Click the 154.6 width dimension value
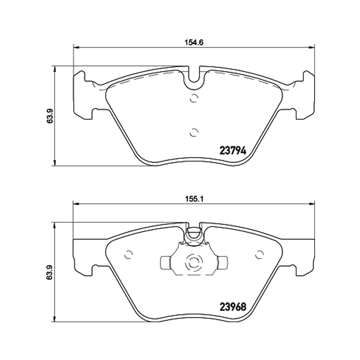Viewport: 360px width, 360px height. coord(194,42)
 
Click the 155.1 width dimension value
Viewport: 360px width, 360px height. coord(194,198)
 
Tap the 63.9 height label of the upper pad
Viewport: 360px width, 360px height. coord(50,116)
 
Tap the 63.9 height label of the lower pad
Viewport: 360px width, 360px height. coord(50,272)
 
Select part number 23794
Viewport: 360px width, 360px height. coord(233,151)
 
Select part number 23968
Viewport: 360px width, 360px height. coord(233,307)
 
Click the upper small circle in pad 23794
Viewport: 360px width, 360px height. coord(194,98)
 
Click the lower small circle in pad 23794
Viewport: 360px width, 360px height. coord(194,132)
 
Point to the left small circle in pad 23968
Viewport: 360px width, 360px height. coord(128,254)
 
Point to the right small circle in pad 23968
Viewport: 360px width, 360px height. coord(260,254)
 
